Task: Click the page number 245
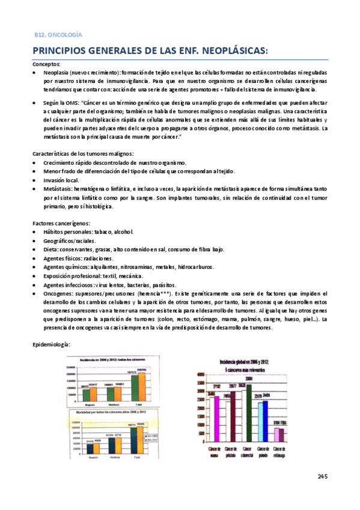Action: pyautogui.click(x=322, y=477)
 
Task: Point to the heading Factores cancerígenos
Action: pyautogui.click(x=61, y=223)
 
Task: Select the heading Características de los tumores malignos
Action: pyautogui.click(x=83, y=154)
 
